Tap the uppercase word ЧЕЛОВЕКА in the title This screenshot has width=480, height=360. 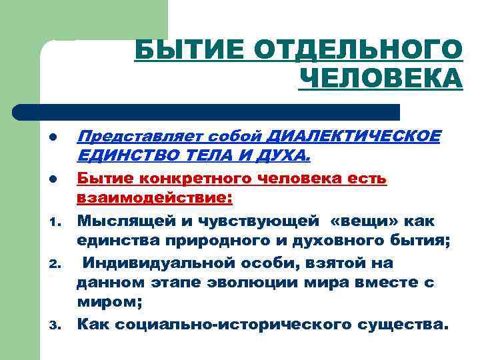click(x=381, y=78)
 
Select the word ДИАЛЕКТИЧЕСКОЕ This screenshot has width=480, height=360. click(x=353, y=137)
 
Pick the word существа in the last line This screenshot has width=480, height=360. click(x=393, y=325)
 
